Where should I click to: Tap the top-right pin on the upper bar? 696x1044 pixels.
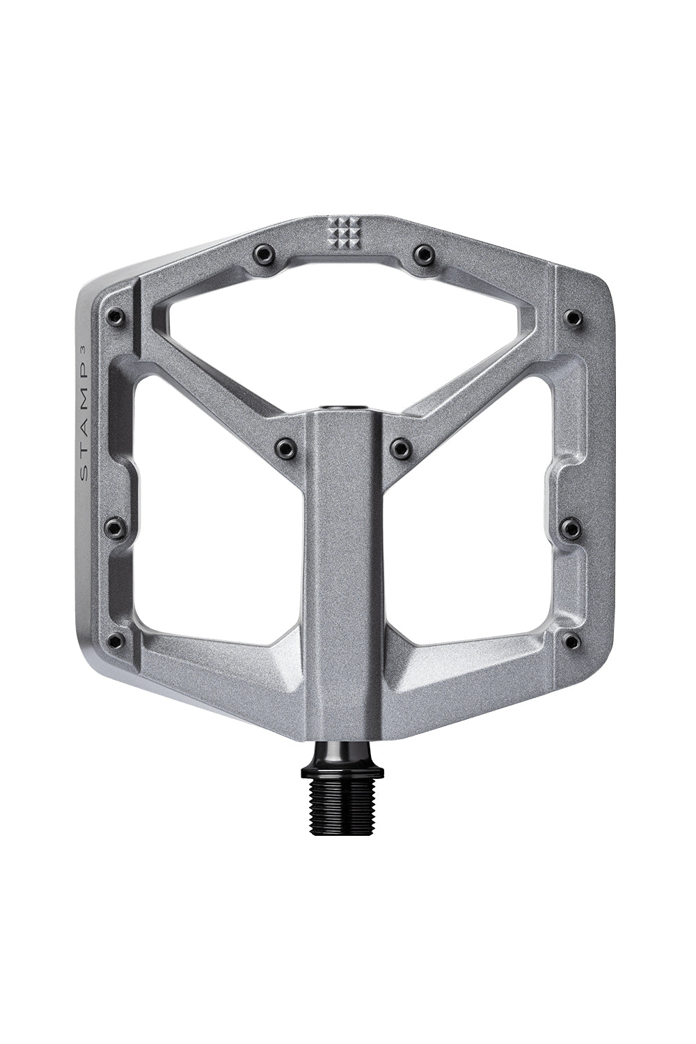423,253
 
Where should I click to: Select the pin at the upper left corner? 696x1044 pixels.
114,318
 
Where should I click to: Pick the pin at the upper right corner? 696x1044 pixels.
573,318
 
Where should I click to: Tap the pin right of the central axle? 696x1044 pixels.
402,448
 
